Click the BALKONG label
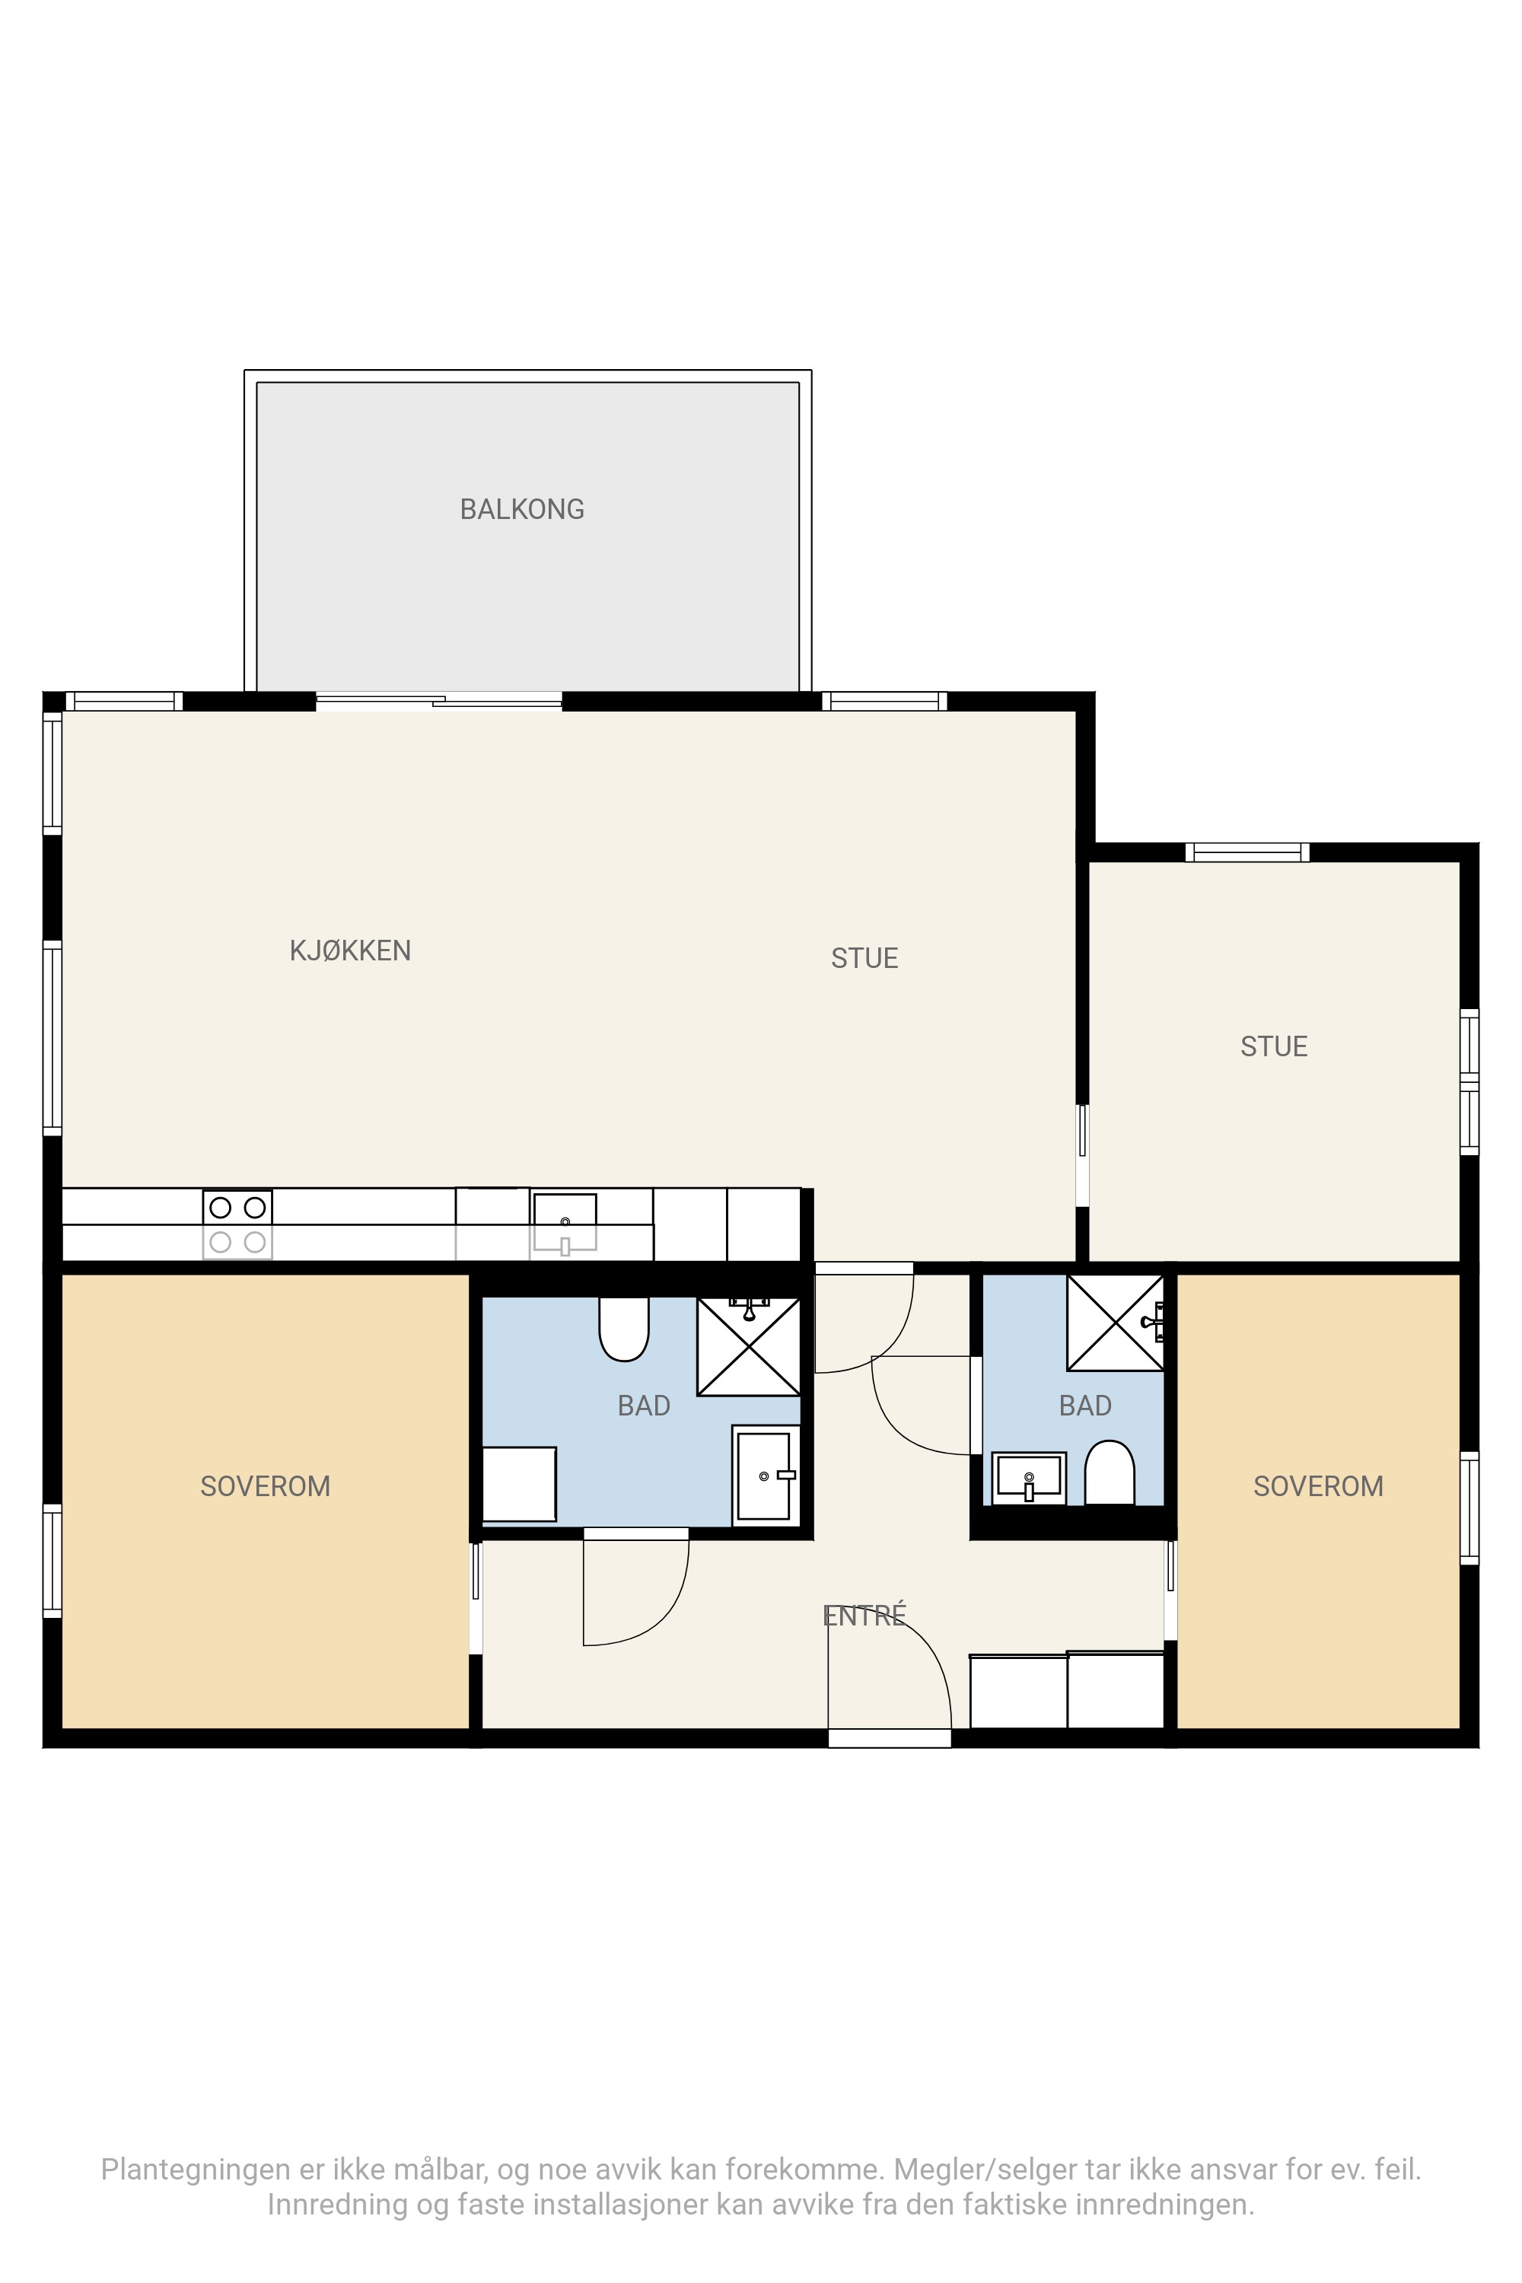click(522, 510)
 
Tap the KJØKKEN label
click(350, 950)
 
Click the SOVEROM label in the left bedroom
click(265, 1486)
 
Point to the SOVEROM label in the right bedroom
click(1318, 1486)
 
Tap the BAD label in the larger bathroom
click(644, 1406)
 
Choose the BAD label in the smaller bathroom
click(1085, 1406)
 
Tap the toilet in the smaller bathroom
click(1110, 1473)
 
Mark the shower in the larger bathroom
click(748, 1346)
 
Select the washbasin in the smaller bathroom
click(1029, 1477)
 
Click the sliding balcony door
click(439, 700)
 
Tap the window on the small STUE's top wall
click(1247, 852)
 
